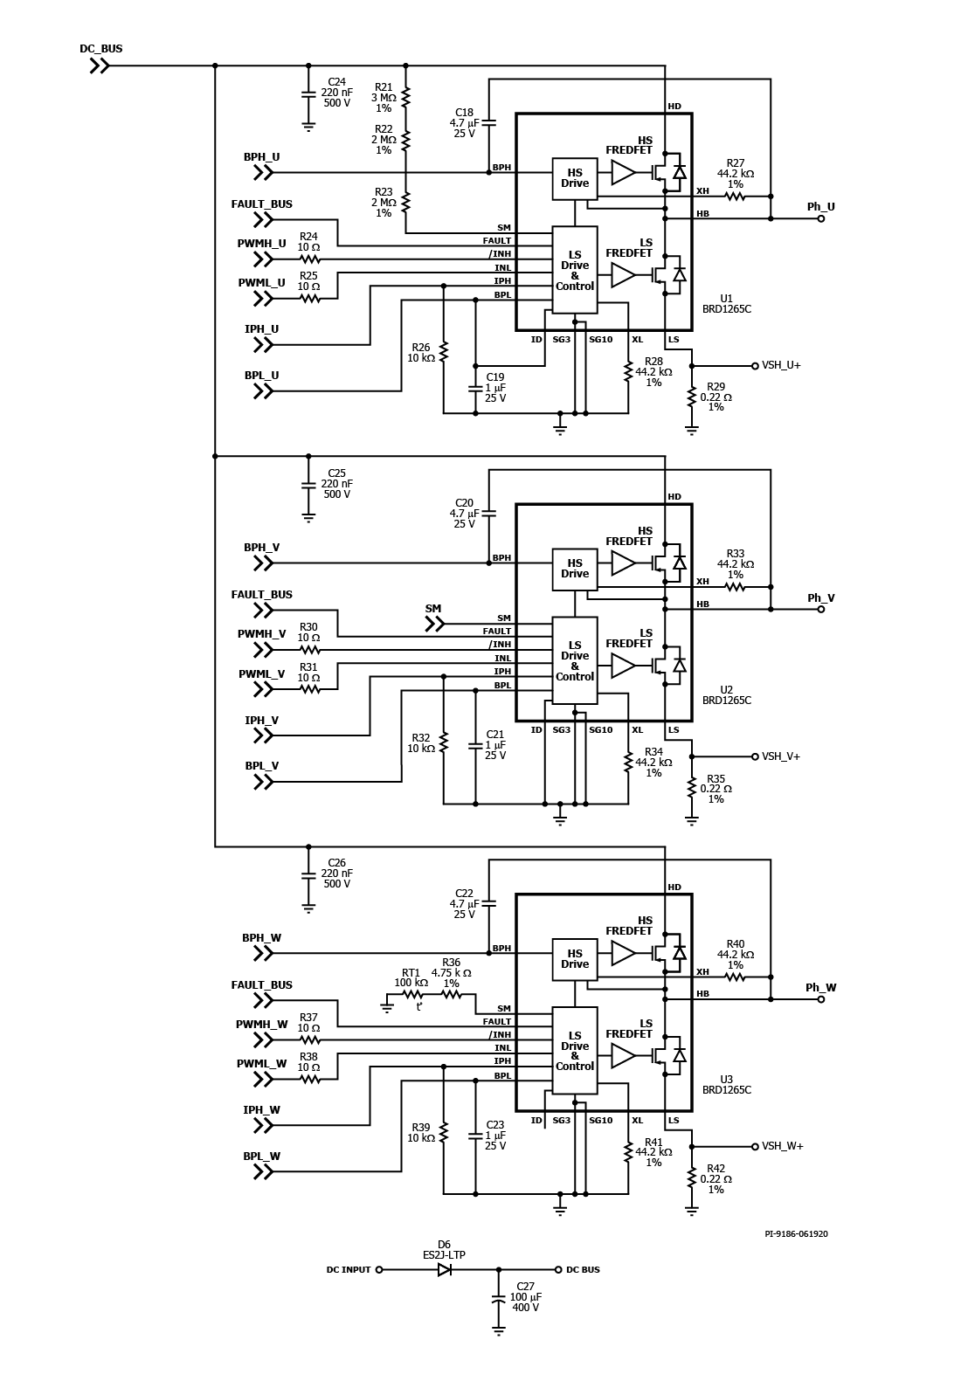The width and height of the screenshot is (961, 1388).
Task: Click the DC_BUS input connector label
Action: click(101, 49)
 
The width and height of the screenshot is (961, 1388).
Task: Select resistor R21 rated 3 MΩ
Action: click(406, 96)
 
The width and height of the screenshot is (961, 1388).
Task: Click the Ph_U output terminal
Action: click(821, 218)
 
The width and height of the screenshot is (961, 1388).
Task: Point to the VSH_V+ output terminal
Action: click(755, 756)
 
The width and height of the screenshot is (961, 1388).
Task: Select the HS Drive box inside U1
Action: click(574, 178)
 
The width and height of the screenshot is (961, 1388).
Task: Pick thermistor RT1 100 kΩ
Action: click(412, 995)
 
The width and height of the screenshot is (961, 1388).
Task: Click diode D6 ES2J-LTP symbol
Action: click(444, 1270)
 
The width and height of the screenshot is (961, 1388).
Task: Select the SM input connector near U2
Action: click(434, 625)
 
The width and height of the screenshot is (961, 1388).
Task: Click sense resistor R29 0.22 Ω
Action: click(691, 397)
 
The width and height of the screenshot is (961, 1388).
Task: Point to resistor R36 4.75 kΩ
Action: click(451, 995)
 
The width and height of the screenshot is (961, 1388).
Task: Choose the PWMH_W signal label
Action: click(261, 1025)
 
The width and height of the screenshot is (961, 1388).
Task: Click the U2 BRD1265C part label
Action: click(726, 695)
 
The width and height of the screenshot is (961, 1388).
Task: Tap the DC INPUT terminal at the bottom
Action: click(379, 1270)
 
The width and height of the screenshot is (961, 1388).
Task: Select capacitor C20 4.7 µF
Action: click(488, 513)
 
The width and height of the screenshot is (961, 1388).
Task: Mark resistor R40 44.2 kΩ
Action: click(735, 977)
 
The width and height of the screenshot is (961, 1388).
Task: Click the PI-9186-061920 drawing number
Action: click(796, 1233)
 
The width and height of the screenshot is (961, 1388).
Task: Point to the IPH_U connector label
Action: click(261, 329)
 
